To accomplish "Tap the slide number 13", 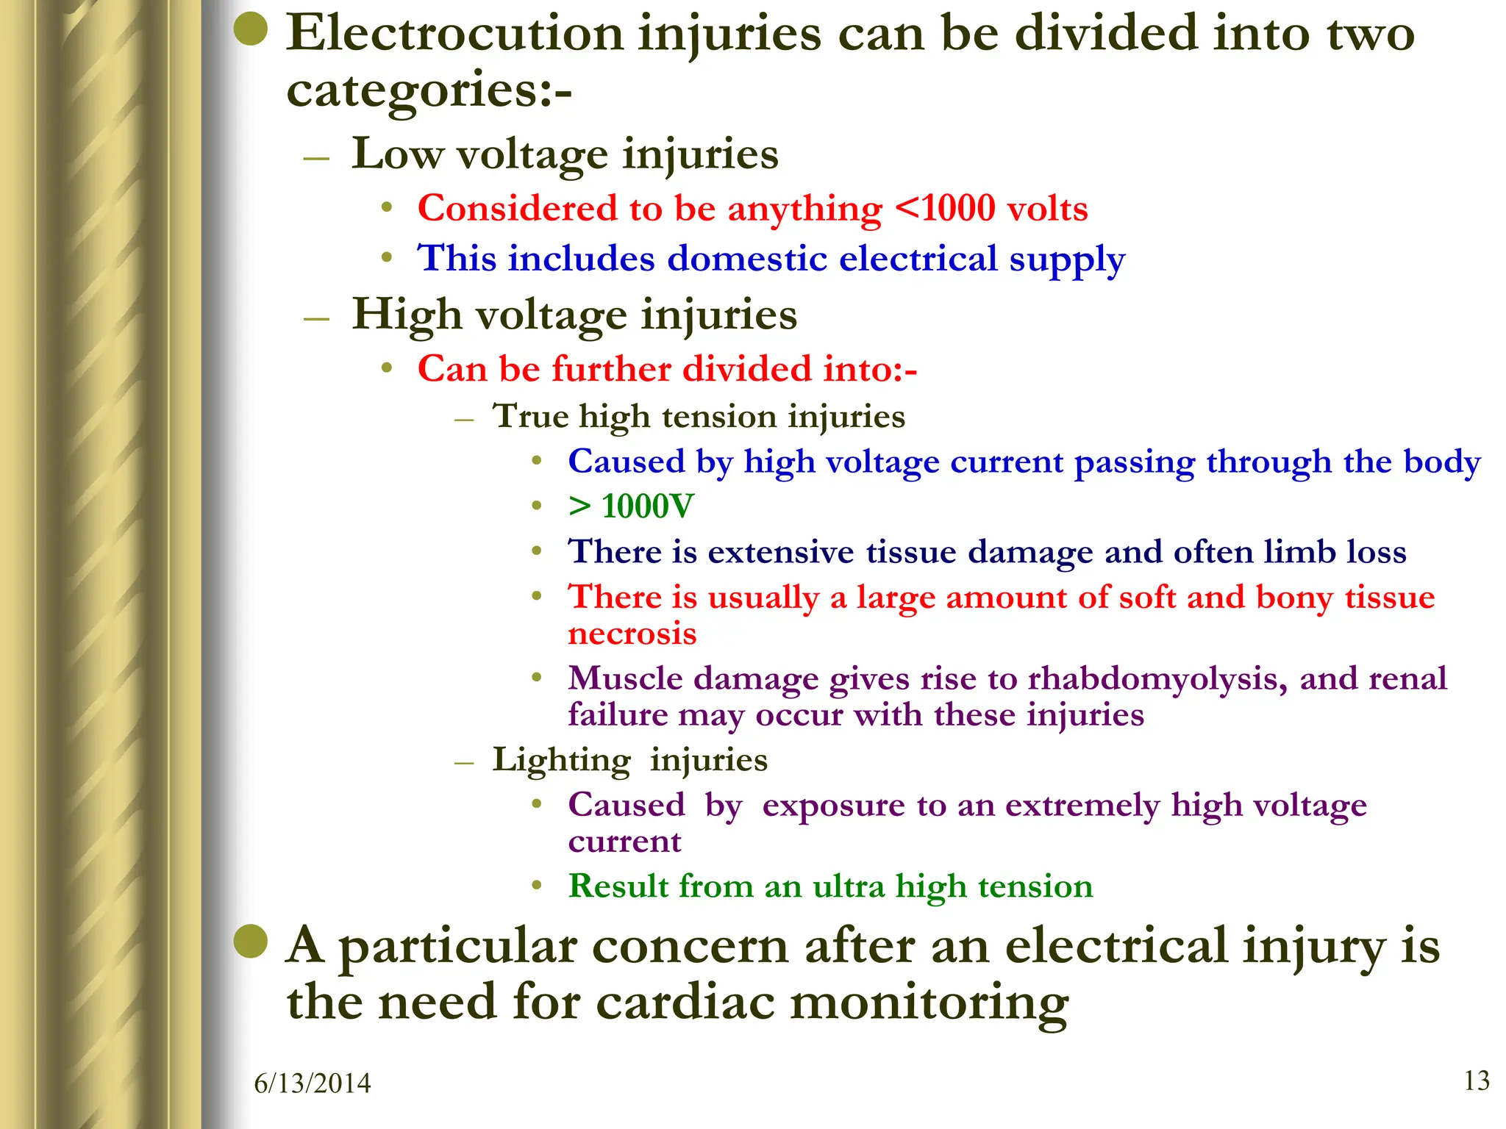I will [1477, 1080].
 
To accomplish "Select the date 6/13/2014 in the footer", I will [313, 1083].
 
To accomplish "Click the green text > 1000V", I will [631, 506].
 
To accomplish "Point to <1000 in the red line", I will [944, 209].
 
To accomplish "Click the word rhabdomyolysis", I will [1157, 678].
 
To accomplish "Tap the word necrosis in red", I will [632, 634].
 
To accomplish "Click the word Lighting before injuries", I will [561, 760].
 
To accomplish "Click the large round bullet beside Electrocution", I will [251, 30].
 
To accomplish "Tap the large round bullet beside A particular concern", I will [251, 942].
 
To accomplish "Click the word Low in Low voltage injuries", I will [397, 154].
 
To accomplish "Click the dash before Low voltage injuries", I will [316, 159].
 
